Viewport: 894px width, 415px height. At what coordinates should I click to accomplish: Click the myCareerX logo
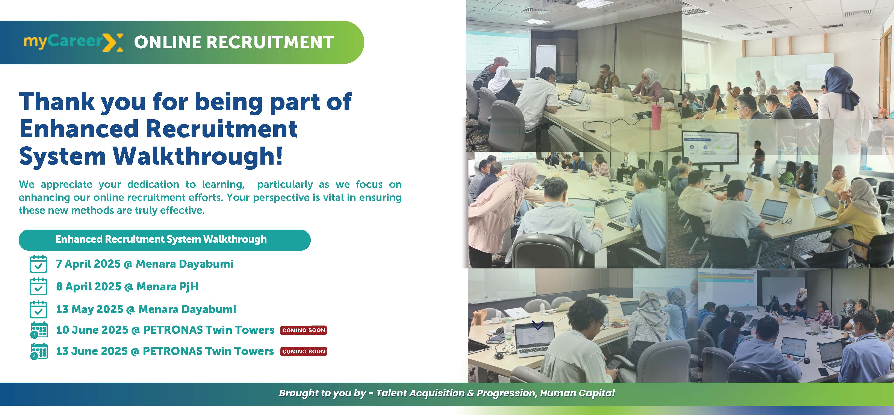[x=73, y=42]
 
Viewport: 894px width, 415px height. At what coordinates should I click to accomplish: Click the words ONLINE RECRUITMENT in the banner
[x=234, y=42]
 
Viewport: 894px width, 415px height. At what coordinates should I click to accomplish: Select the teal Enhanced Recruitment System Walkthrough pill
[x=165, y=240]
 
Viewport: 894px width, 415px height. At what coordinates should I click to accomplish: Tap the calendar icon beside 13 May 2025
[x=39, y=309]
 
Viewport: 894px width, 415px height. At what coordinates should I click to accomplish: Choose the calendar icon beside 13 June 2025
[x=39, y=351]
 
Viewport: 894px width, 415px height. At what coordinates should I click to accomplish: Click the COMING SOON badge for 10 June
[x=304, y=330]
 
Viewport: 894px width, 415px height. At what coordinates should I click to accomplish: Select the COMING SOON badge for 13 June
[x=304, y=351]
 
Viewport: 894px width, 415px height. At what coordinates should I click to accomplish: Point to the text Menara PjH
[x=167, y=287]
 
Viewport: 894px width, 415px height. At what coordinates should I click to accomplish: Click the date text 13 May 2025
[x=89, y=309]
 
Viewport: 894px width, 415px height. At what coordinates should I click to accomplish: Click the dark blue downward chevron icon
[x=538, y=325]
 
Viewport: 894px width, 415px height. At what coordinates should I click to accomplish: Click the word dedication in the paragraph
[x=153, y=184]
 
